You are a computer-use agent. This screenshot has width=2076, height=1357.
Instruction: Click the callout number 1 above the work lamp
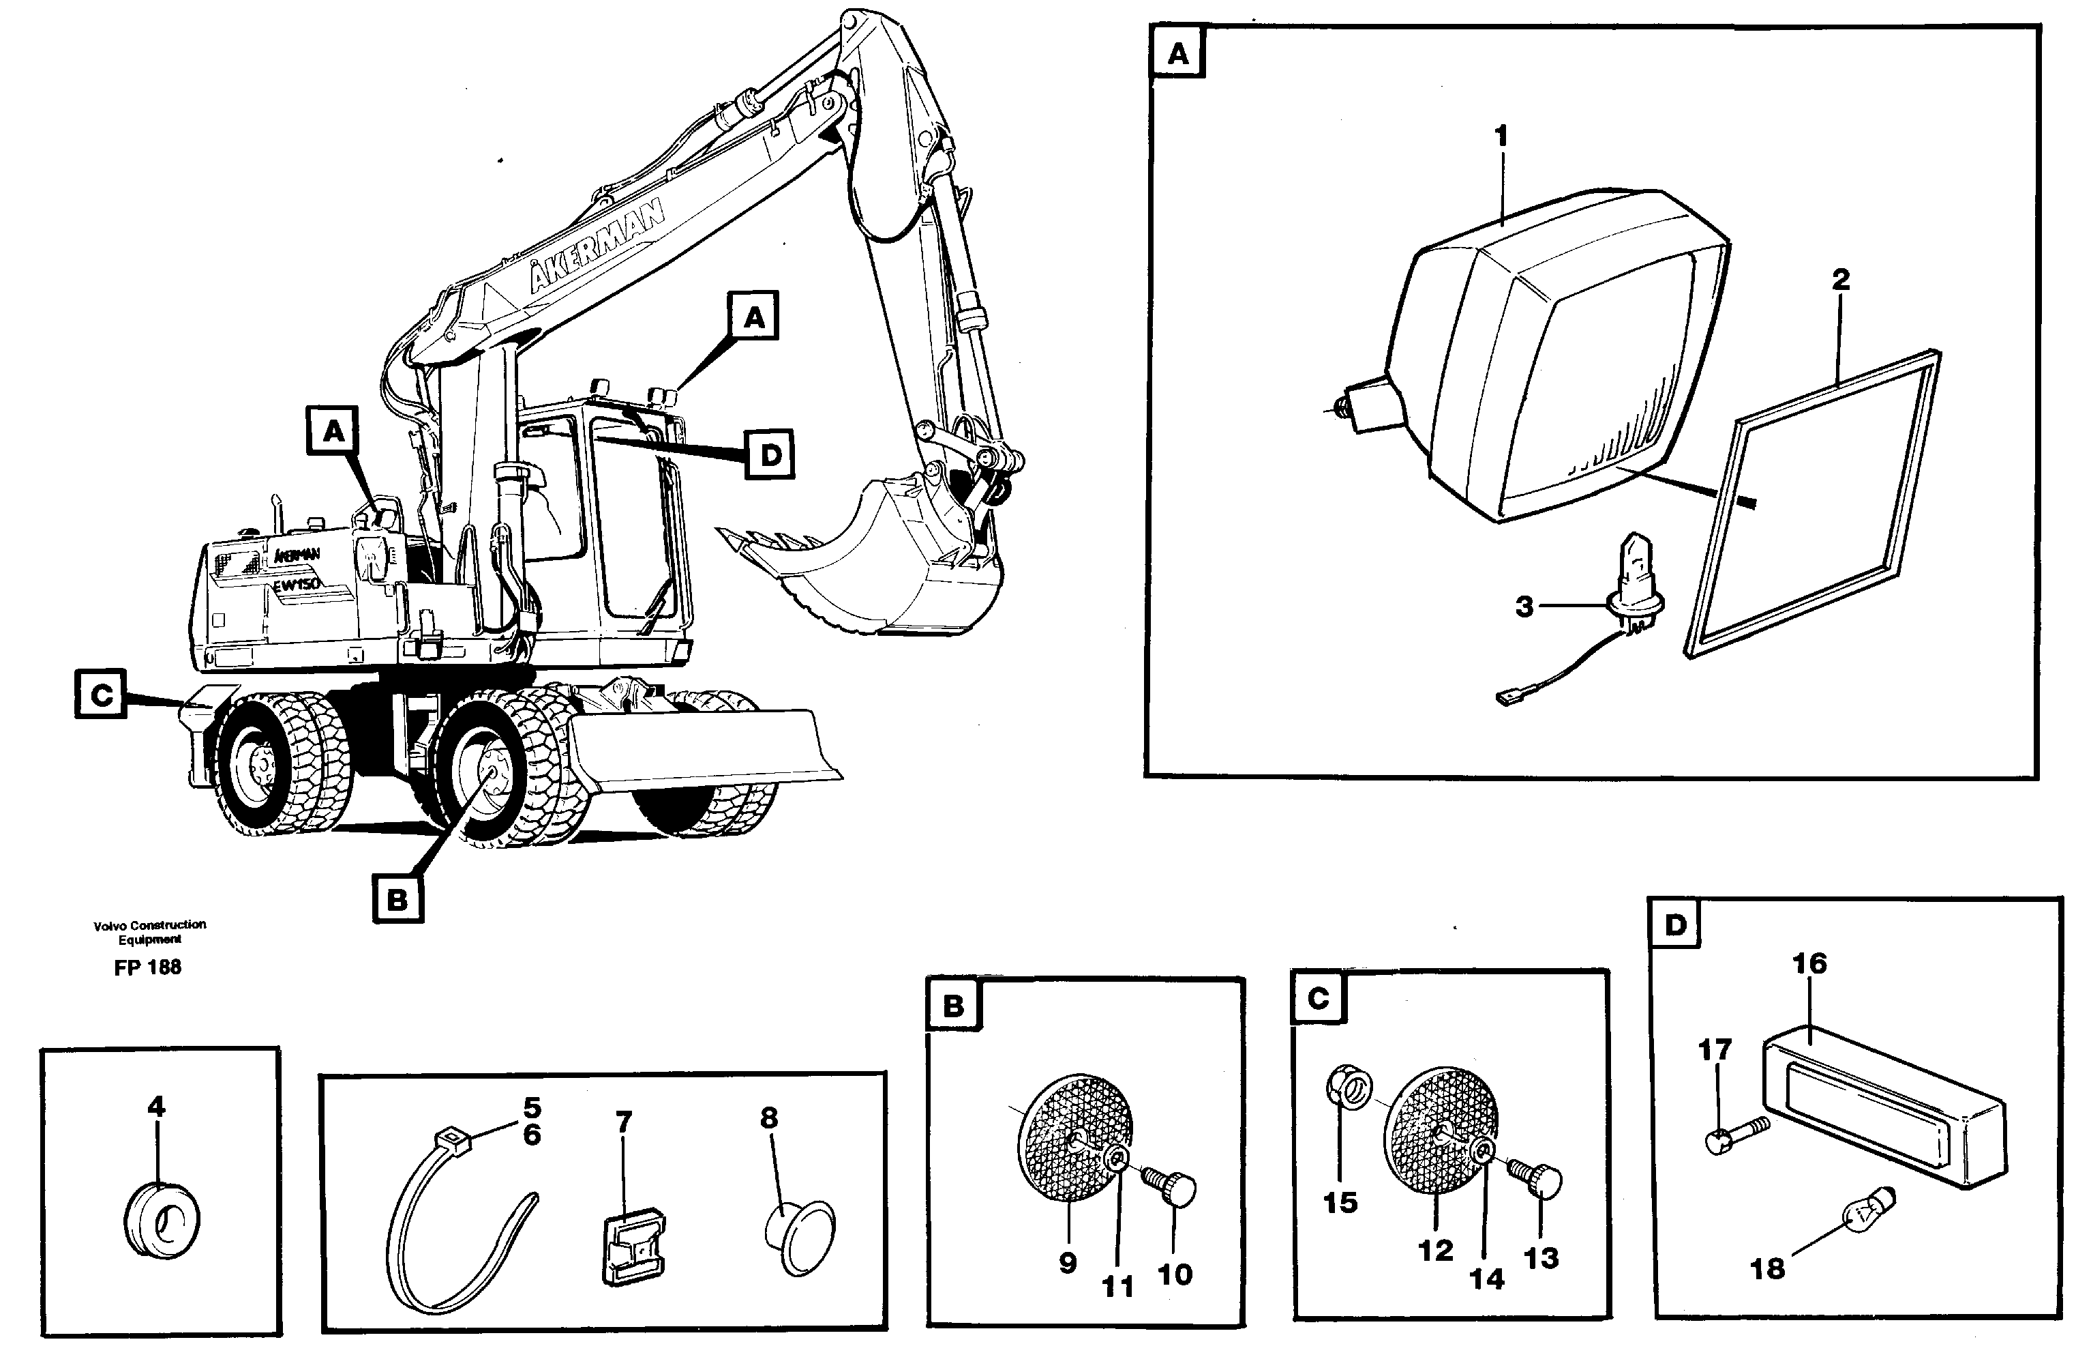click(x=1501, y=136)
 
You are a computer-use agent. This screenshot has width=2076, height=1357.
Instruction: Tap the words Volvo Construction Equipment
click(x=150, y=931)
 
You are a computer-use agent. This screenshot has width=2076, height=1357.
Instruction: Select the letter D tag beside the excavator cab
click(x=769, y=454)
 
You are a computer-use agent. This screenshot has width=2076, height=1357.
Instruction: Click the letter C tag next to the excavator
click(x=101, y=695)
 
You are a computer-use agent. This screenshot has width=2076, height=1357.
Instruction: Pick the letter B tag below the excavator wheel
click(x=397, y=899)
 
